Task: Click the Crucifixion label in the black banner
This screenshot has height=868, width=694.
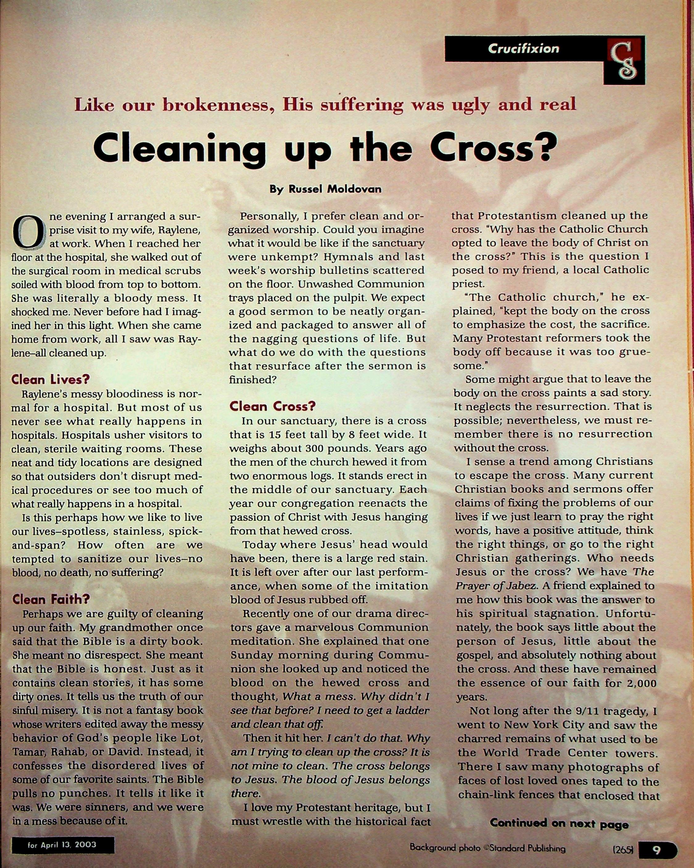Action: pyautogui.click(x=523, y=49)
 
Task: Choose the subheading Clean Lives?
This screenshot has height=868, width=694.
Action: pyautogui.click(x=50, y=379)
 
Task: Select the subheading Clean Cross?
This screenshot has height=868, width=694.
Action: pyautogui.click(x=273, y=406)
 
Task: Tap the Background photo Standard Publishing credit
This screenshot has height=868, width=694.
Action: pyautogui.click(x=487, y=848)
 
